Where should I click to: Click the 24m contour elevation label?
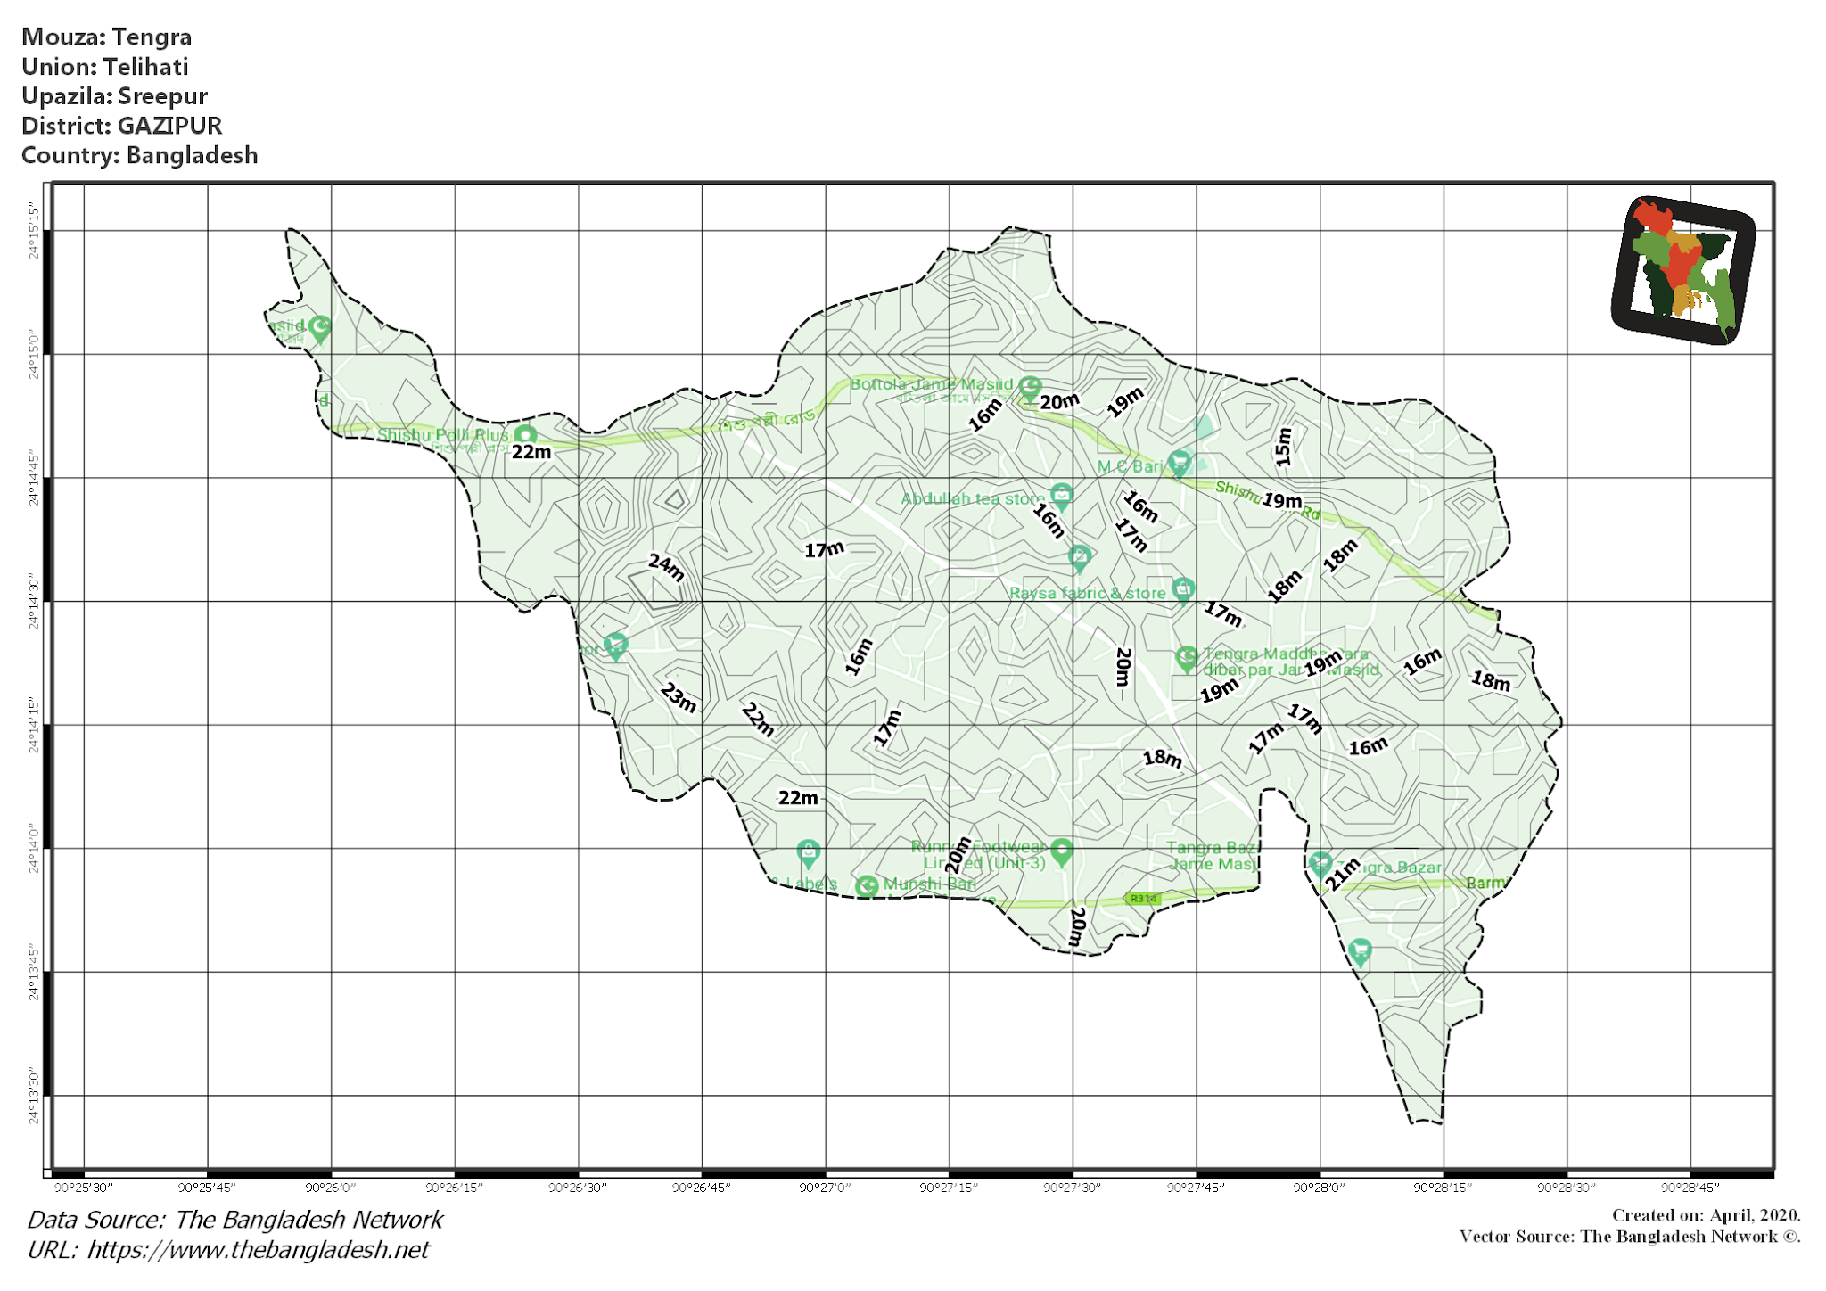666,567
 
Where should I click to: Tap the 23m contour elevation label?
679,697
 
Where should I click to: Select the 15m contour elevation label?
1283,447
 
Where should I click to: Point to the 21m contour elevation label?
1342,873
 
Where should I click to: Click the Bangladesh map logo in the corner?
1683,269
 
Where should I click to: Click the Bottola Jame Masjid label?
931,384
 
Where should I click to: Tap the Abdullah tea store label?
972,498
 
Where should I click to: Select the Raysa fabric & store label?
1087,593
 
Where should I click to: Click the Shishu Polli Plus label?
442,435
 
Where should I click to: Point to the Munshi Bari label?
929,884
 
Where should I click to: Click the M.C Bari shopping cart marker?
1180,463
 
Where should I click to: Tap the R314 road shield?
1143,899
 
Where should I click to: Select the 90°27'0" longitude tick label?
825,1188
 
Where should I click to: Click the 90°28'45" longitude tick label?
1690,1188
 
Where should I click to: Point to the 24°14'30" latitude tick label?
34,603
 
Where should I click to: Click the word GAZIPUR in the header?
169,126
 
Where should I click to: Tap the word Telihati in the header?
145,67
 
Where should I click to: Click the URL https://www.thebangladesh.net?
258,1250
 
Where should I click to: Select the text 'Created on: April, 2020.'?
1706,1215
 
